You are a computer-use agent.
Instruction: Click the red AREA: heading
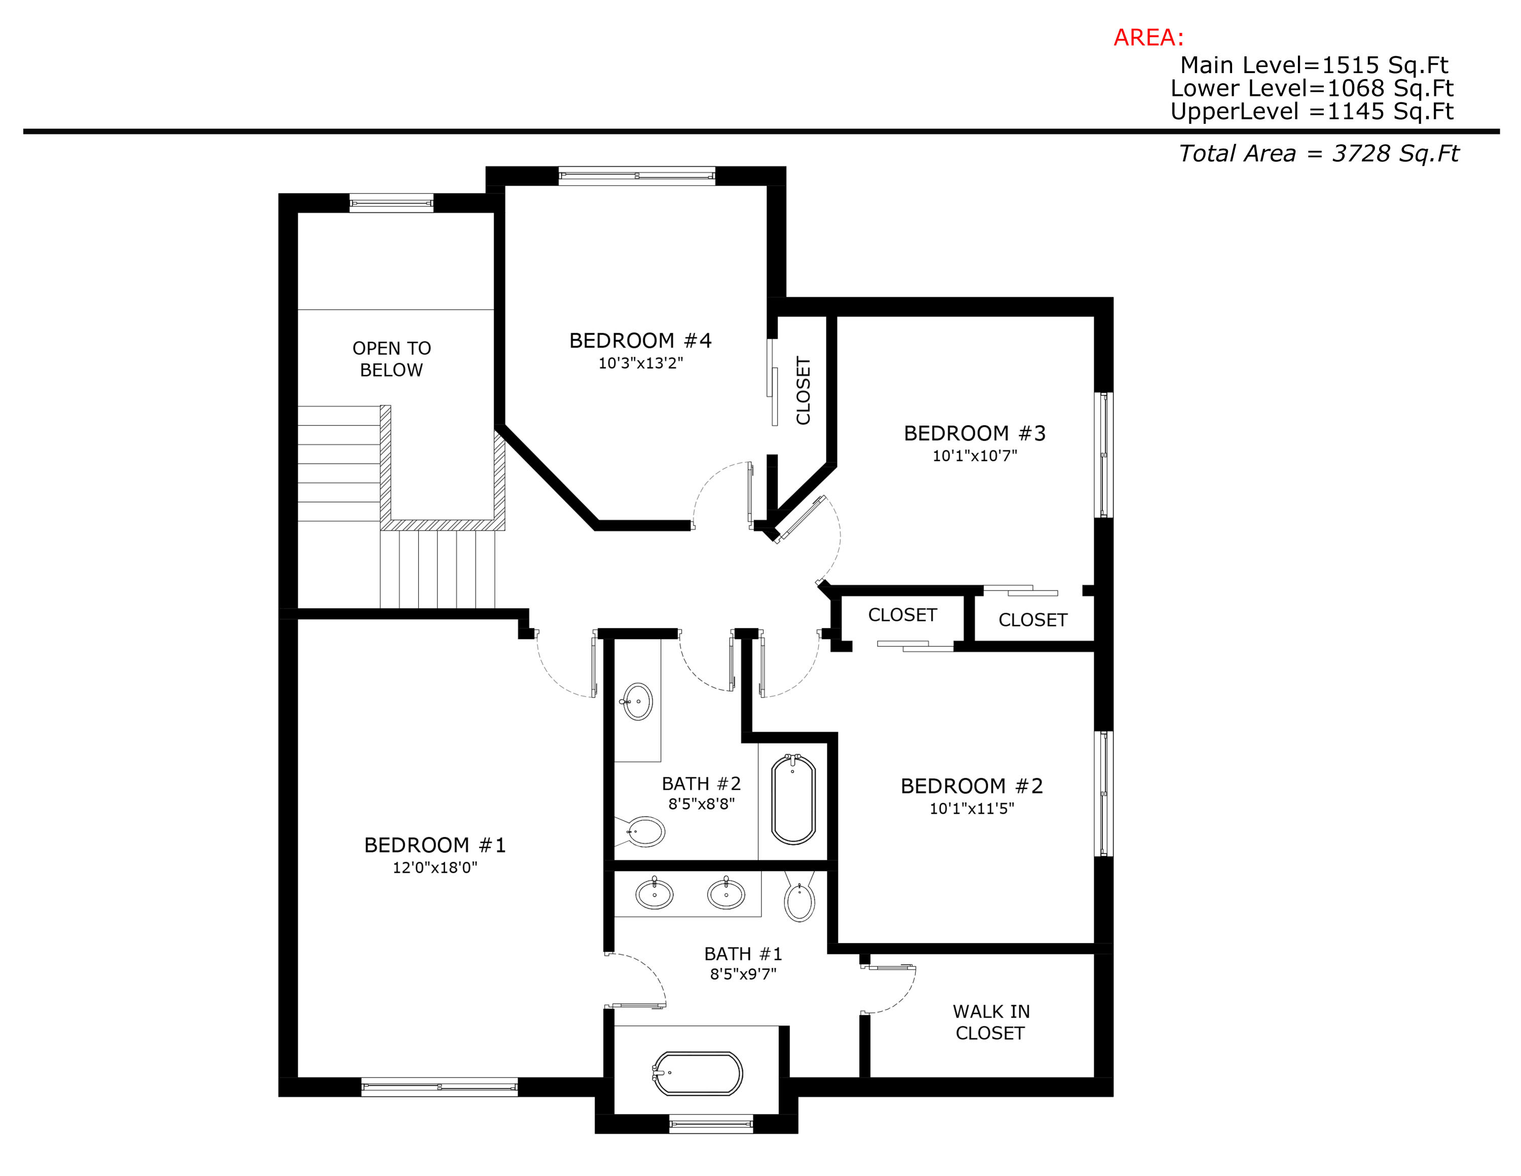click(x=1148, y=38)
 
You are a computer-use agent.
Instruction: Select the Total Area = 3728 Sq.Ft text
click(x=1318, y=153)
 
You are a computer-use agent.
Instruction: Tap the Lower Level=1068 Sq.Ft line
click(x=1312, y=88)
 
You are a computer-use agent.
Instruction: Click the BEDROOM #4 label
click(x=640, y=341)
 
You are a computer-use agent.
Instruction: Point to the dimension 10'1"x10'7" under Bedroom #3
click(x=974, y=456)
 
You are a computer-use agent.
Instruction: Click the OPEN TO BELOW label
click(x=391, y=359)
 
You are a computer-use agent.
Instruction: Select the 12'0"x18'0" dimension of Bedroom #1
click(x=434, y=868)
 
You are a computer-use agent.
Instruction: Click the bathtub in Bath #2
click(x=793, y=799)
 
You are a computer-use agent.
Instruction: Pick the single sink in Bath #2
click(x=637, y=702)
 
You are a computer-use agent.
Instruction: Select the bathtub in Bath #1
click(x=698, y=1074)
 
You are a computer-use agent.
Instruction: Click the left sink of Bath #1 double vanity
click(x=655, y=894)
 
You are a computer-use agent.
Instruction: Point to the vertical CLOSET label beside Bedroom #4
click(x=803, y=391)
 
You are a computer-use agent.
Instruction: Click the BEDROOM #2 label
click(x=971, y=786)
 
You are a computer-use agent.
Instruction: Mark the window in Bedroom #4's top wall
click(x=636, y=176)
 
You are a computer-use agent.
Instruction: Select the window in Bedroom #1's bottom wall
click(x=440, y=1087)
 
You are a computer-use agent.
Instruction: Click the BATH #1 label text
click(x=743, y=954)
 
